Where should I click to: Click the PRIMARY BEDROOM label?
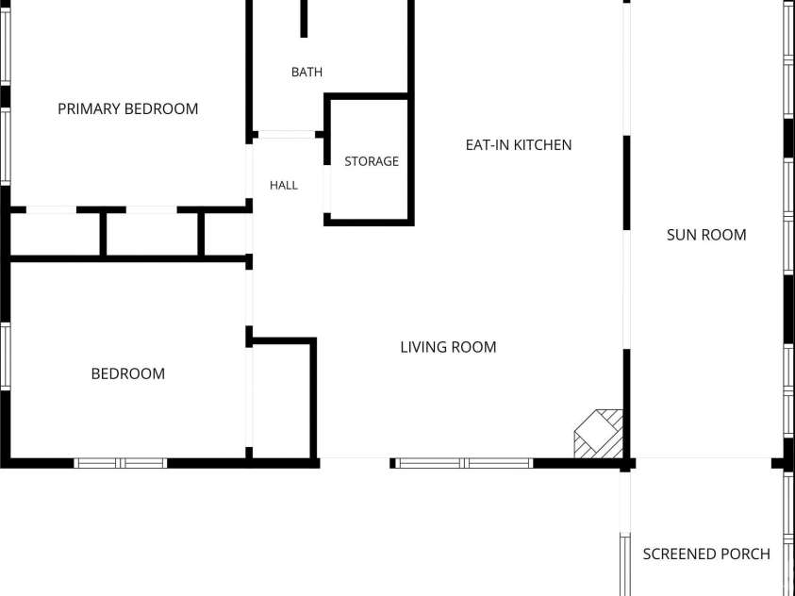127,109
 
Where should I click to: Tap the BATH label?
306,72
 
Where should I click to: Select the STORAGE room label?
372,161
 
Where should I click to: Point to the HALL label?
284,186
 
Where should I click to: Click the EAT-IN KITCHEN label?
519,145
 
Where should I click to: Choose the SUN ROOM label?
706,235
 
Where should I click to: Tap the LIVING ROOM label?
448,347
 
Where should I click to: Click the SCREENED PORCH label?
706,554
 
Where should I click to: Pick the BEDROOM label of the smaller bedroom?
127,374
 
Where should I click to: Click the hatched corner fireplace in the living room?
598,434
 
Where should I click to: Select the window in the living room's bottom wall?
464,463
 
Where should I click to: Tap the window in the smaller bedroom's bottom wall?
121,463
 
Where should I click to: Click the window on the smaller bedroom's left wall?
5,356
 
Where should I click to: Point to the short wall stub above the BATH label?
304,19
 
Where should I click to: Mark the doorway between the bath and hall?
287,134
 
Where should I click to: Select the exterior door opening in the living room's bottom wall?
355,463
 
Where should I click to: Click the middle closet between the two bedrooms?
152,234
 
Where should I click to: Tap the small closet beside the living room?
281,402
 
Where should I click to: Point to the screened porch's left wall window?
625,564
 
